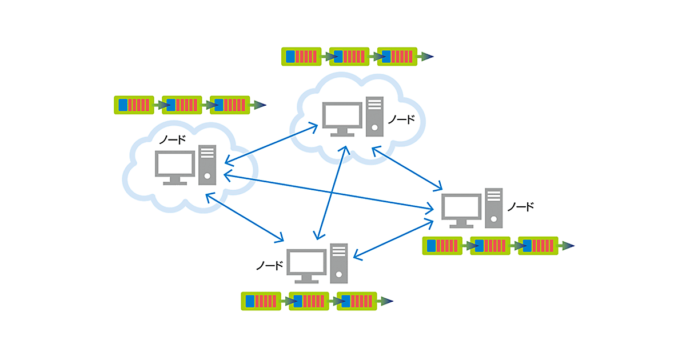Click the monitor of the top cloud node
click(x=342, y=116)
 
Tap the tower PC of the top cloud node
click(x=374, y=116)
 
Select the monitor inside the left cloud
click(x=175, y=165)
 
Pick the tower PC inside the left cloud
click(x=207, y=165)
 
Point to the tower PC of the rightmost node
click(x=494, y=207)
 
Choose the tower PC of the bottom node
click(x=338, y=263)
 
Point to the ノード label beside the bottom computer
click(x=269, y=266)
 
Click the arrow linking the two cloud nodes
click(x=271, y=143)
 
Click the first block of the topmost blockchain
click(x=301, y=57)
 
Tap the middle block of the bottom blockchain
click(x=309, y=301)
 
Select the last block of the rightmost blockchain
click(x=538, y=246)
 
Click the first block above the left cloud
click(x=134, y=105)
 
